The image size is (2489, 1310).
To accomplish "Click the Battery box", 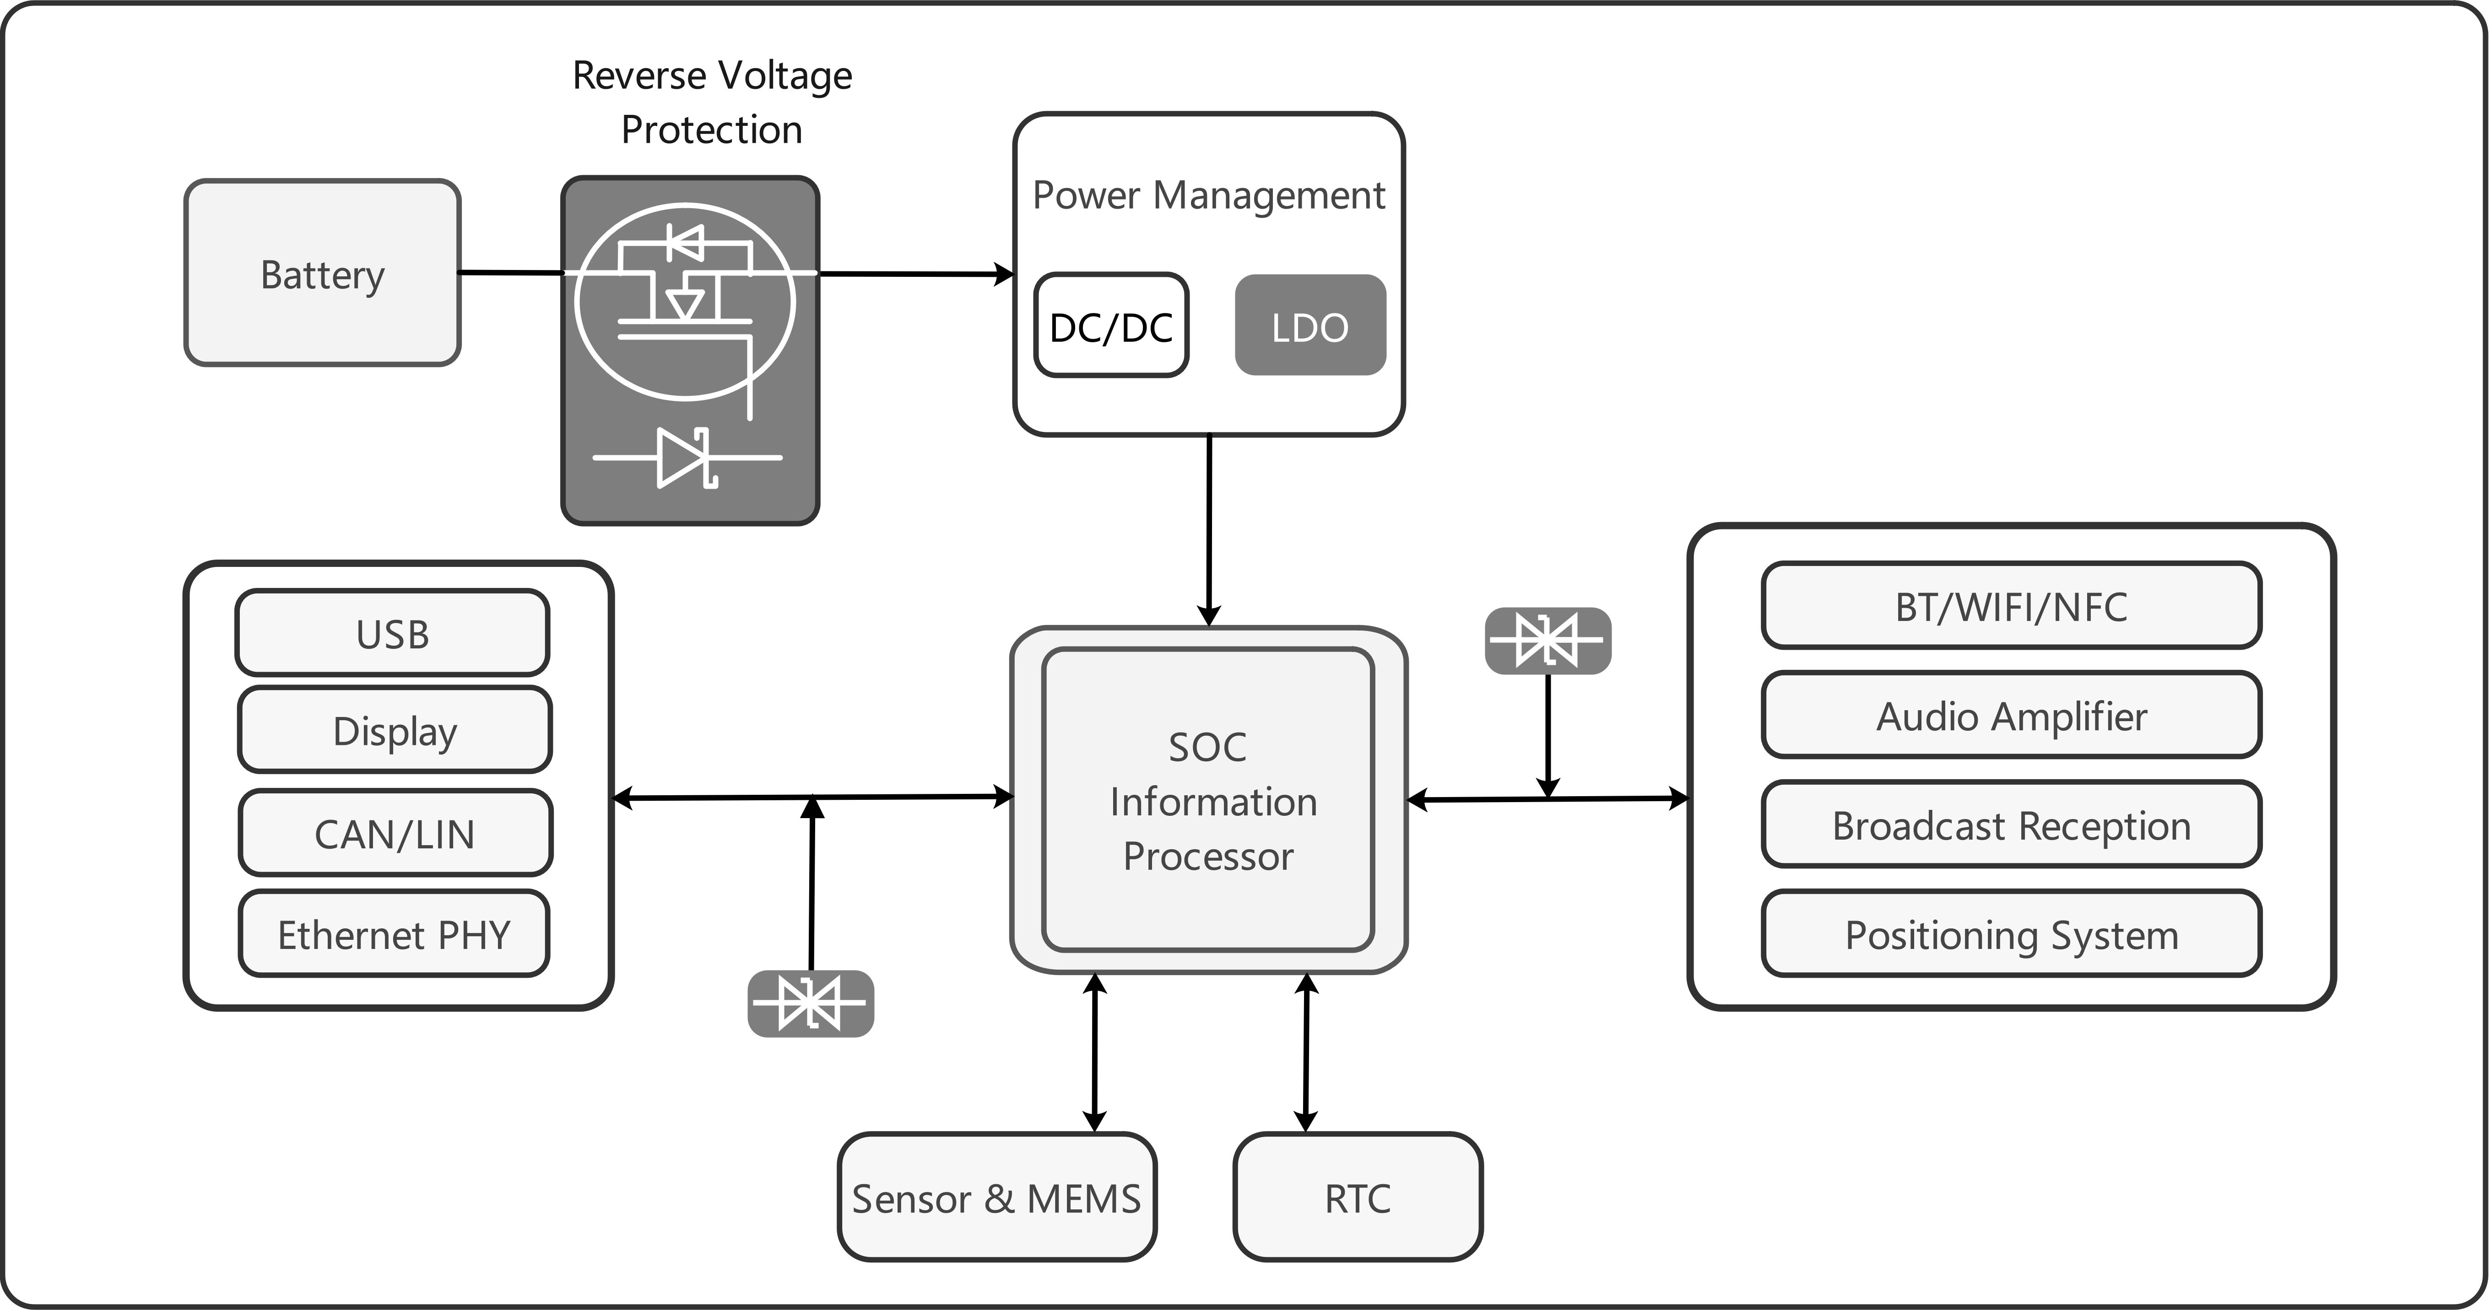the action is (x=322, y=272).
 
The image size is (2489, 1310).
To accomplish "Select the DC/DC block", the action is (x=1111, y=326).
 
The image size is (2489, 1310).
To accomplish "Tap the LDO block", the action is (x=1310, y=326).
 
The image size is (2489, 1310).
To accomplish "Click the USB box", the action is (x=392, y=633).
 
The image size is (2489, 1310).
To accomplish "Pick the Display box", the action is (x=394, y=729).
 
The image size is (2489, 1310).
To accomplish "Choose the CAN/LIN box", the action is (x=394, y=833).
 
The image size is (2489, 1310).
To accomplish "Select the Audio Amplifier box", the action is (x=2012, y=715).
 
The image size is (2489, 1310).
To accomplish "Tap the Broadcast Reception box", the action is (x=2012, y=824).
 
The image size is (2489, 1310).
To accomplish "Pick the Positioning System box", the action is (x=2012, y=933).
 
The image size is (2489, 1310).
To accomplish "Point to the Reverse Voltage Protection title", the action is (x=712, y=102).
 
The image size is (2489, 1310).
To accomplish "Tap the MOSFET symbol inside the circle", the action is (x=685, y=302).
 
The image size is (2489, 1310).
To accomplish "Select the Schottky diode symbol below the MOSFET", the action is (x=687, y=457).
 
